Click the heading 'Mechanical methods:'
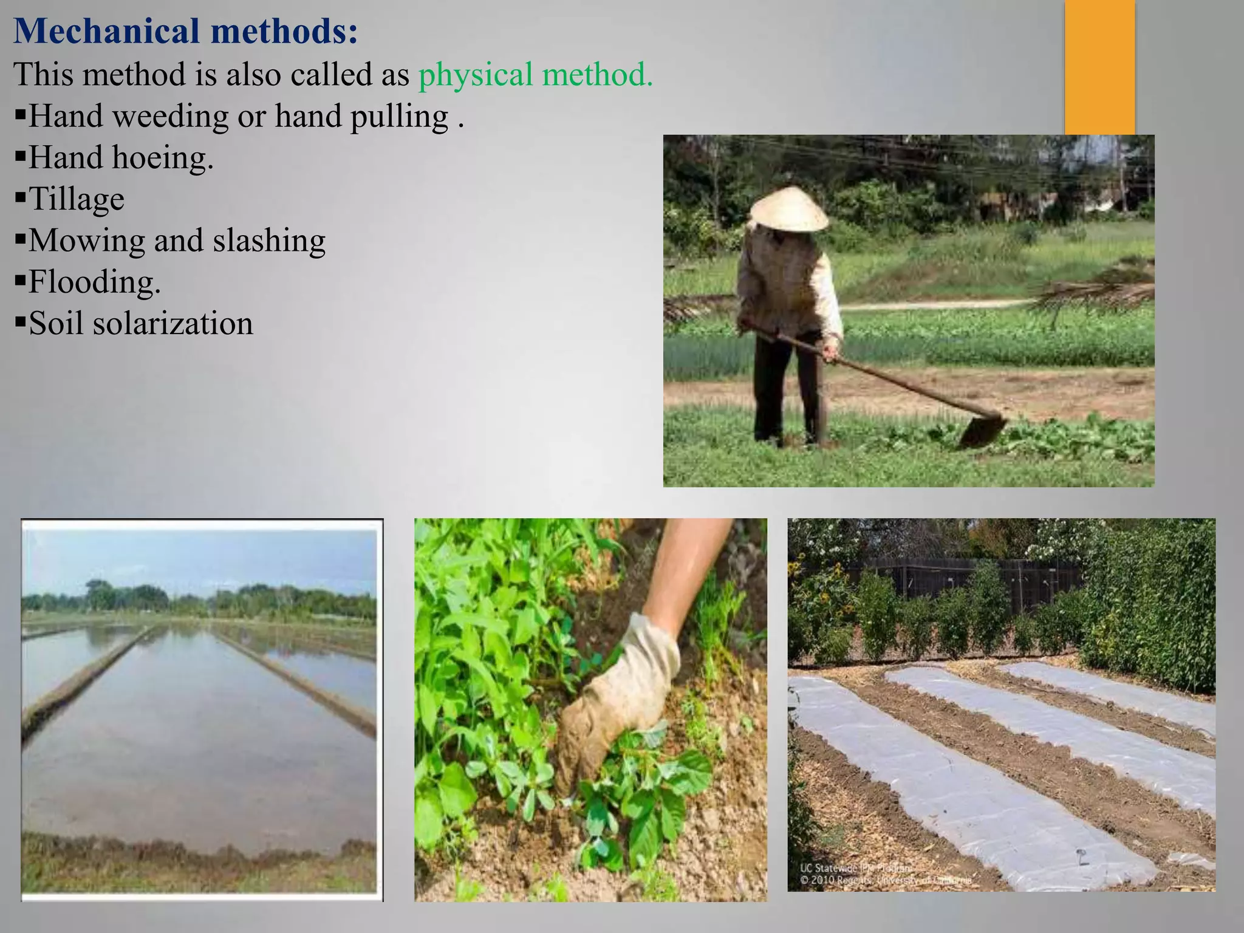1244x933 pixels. tap(185, 32)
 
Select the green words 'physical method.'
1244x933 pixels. tap(535, 75)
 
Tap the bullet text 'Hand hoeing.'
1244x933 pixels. tap(121, 158)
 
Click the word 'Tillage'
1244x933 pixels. tap(77, 199)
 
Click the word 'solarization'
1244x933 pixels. tap(173, 324)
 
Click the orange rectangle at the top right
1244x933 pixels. tap(1099, 67)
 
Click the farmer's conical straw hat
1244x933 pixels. tap(788, 210)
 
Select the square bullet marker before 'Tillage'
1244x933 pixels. tap(21, 197)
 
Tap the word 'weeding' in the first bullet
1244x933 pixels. tap(171, 117)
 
